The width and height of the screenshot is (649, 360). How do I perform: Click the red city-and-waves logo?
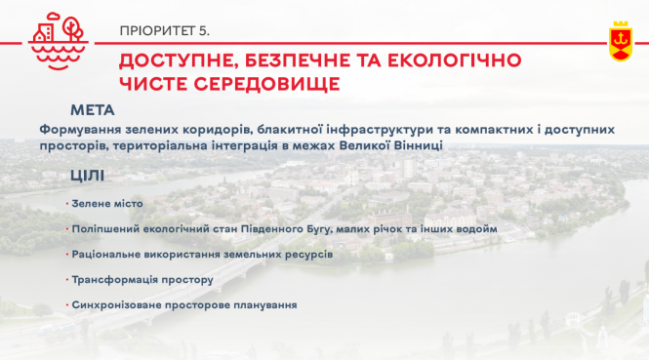point(58,40)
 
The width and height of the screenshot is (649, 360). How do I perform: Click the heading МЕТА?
point(93,109)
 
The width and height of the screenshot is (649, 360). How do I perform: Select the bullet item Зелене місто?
point(107,203)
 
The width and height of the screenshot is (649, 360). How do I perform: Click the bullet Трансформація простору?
point(142,279)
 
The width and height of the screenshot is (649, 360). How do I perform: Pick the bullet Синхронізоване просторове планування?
point(183,304)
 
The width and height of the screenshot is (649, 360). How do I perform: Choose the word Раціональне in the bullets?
point(107,254)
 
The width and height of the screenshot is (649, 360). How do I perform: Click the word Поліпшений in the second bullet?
point(104,228)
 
